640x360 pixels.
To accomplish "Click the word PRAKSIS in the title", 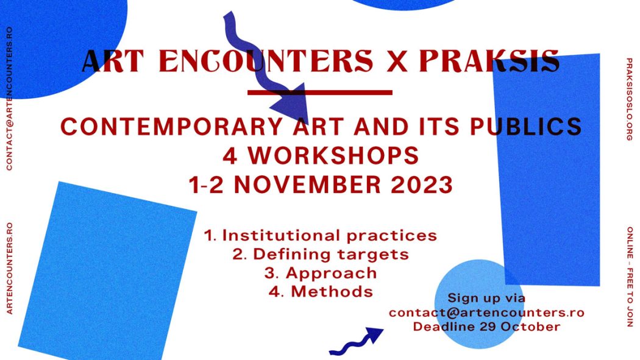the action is click(x=489, y=61).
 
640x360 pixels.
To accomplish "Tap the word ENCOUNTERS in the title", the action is click(x=266, y=61).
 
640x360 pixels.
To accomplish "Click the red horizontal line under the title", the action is click(x=320, y=93).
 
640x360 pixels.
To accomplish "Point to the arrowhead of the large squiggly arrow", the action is click(x=290, y=103).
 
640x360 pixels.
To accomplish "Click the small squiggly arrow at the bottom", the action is click(x=356, y=341).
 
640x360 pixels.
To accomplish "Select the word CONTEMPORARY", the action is click(x=171, y=126).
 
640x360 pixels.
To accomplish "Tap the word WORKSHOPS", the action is click(x=333, y=155).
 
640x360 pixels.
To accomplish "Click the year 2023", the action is click(x=422, y=185).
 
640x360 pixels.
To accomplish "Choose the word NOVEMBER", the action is click(x=307, y=185).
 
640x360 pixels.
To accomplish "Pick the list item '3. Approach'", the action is click(x=321, y=273).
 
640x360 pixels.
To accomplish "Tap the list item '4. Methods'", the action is click(x=321, y=292).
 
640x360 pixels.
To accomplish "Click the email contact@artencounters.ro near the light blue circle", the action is click(x=486, y=312).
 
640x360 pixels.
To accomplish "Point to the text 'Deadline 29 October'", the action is click(x=486, y=327).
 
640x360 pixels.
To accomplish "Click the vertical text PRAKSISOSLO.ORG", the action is click(x=630, y=99).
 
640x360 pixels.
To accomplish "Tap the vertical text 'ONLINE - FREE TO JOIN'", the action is click(x=630, y=277).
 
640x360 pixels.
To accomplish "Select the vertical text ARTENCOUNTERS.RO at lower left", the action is click(x=10, y=268).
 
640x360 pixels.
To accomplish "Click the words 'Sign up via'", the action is click(x=486, y=298).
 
